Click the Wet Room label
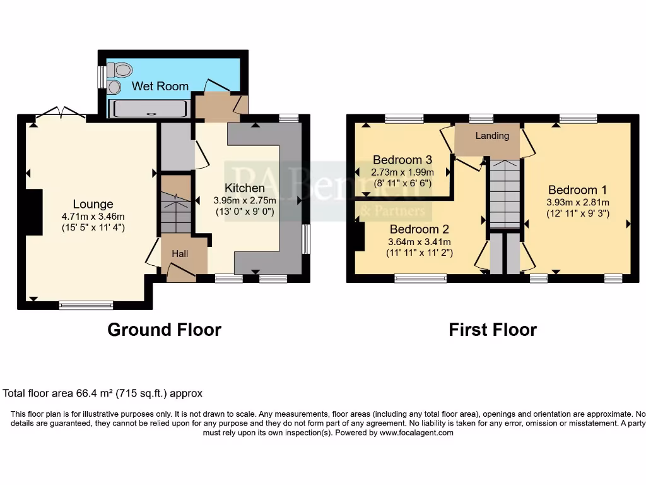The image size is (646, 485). (160, 86)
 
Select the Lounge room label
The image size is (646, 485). (93, 204)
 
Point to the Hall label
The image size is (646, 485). (180, 253)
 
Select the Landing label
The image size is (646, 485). (492, 136)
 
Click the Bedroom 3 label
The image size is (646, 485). (402, 160)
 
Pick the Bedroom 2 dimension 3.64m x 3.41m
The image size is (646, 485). (419, 241)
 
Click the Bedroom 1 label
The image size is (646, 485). (577, 190)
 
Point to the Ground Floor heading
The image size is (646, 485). (164, 330)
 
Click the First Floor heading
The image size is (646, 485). (493, 330)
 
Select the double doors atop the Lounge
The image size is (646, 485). (61, 113)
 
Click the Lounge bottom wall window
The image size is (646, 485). (86, 306)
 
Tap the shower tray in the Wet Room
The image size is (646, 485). (149, 109)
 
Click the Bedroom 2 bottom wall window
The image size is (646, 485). (421, 277)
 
